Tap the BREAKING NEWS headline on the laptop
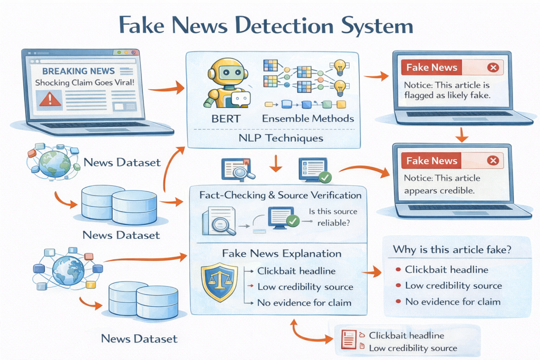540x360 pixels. pos(79,71)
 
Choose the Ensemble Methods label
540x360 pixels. pos(307,119)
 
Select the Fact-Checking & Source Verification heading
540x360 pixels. pos(280,195)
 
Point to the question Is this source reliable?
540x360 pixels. pos(333,216)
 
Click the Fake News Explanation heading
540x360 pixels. pos(281,254)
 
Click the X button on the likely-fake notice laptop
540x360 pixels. pos(493,67)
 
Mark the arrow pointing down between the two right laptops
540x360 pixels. pos(461,135)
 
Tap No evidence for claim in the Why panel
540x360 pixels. pos(452,302)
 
